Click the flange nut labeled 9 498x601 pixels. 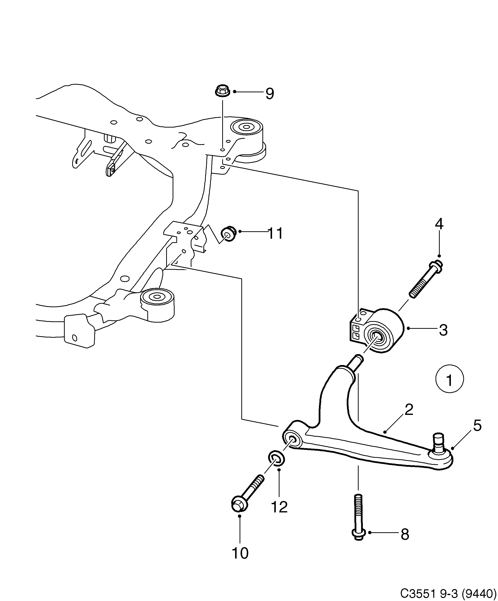(222, 91)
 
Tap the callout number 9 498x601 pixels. (269, 94)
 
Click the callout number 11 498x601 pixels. (275, 233)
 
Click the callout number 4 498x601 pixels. (439, 224)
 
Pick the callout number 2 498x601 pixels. (409, 410)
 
